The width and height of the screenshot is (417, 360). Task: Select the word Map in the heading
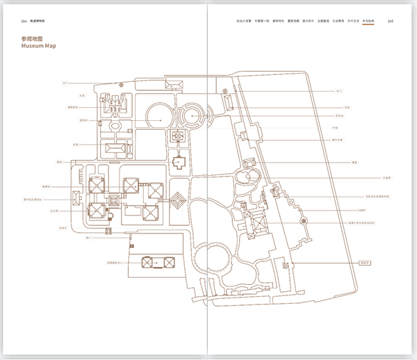click(50, 47)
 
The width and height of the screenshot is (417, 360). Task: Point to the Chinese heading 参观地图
click(33, 39)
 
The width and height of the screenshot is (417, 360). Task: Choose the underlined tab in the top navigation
click(368, 21)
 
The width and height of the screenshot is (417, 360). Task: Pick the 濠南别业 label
click(73, 108)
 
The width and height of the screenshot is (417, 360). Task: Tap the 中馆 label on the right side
click(335, 128)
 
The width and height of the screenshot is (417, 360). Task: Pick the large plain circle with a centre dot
click(162, 120)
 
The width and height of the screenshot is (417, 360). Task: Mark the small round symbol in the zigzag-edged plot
click(303, 220)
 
